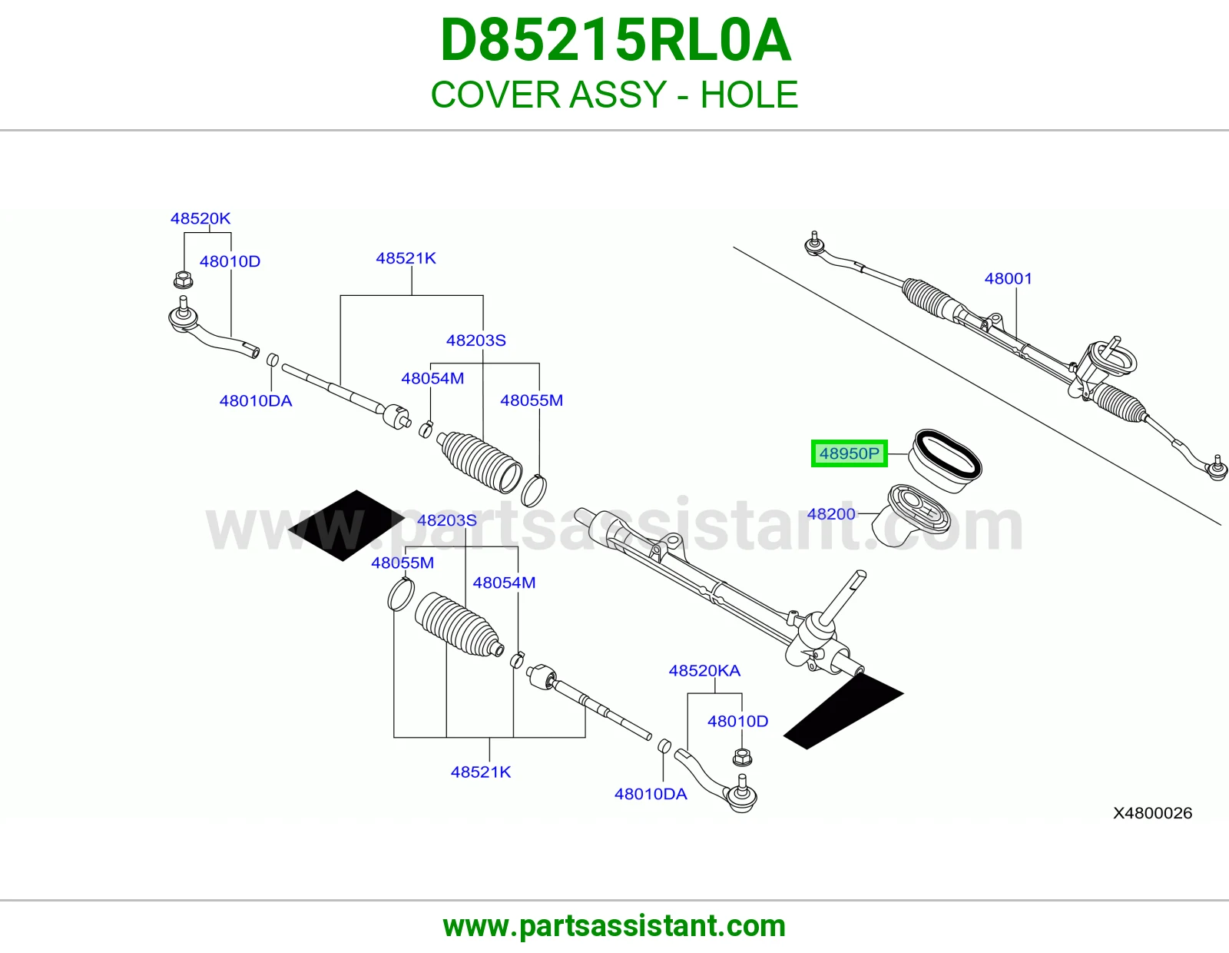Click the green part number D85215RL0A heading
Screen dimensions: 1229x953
pyautogui.click(x=615, y=40)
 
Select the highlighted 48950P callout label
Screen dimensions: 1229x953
pyautogui.click(x=849, y=453)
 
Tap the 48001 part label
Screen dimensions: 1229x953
pyautogui.click(x=1008, y=278)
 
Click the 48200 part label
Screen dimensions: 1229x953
pyautogui.click(x=831, y=514)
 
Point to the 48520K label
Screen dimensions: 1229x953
pyautogui.click(x=200, y=218)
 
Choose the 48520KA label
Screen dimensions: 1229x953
pyautogui.click(x=704, y=671)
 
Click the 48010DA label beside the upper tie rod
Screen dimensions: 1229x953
pyautogui.click(x=256, y=400)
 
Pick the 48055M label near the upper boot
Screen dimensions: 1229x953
pyautogui.click(x=532, y=400)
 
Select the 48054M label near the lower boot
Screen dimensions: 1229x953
pyautogui.click(x=504, y=583)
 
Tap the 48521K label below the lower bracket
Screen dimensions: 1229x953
pyautogui.click(x=481, y=772)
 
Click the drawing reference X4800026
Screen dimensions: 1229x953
pyautogui.click(x=1153, y=813)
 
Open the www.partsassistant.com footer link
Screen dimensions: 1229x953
pyautogui.click(x=614, y=926)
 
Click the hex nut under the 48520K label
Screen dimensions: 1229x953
pyautogui.click(x=183, y=280)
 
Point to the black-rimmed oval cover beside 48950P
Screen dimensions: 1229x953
pyautogui.click(x=945, y=461)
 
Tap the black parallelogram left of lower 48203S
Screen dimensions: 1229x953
pyautogui.click(x=346, y=525)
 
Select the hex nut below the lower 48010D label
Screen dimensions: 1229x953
pyautogui.click(x=742, y=756)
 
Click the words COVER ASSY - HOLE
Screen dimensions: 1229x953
pyautogui.click(x=614, y=95)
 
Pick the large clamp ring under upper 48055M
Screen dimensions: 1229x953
pyautogui.click(x=533, y=490)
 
